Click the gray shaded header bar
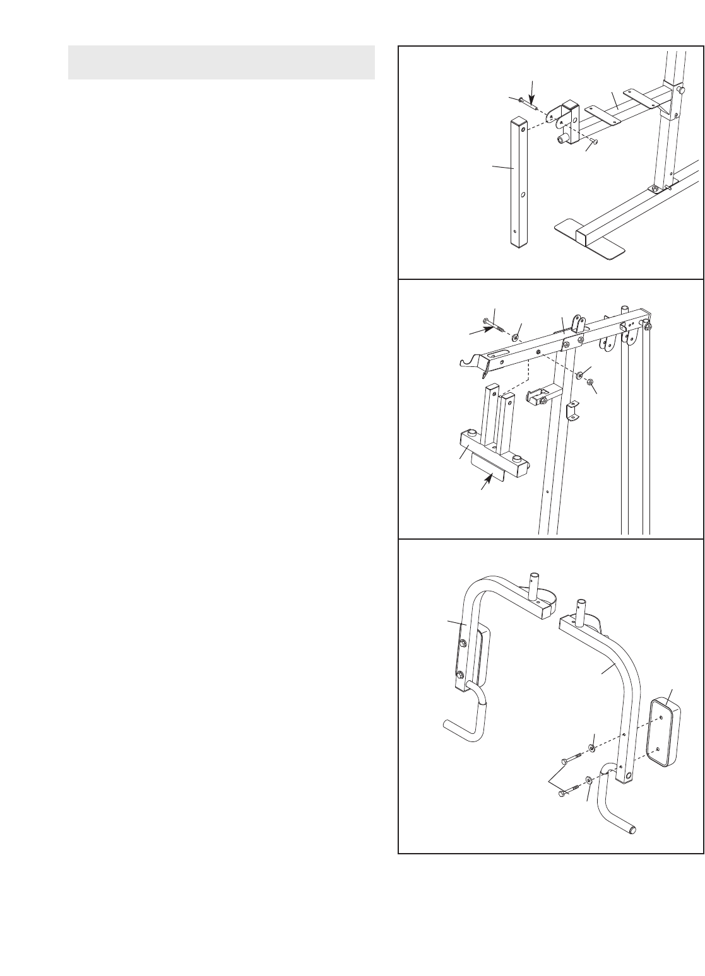click(x=221, y=62)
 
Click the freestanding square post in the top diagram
click(x=519, y=183)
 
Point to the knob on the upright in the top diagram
click(x=682, y=91)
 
